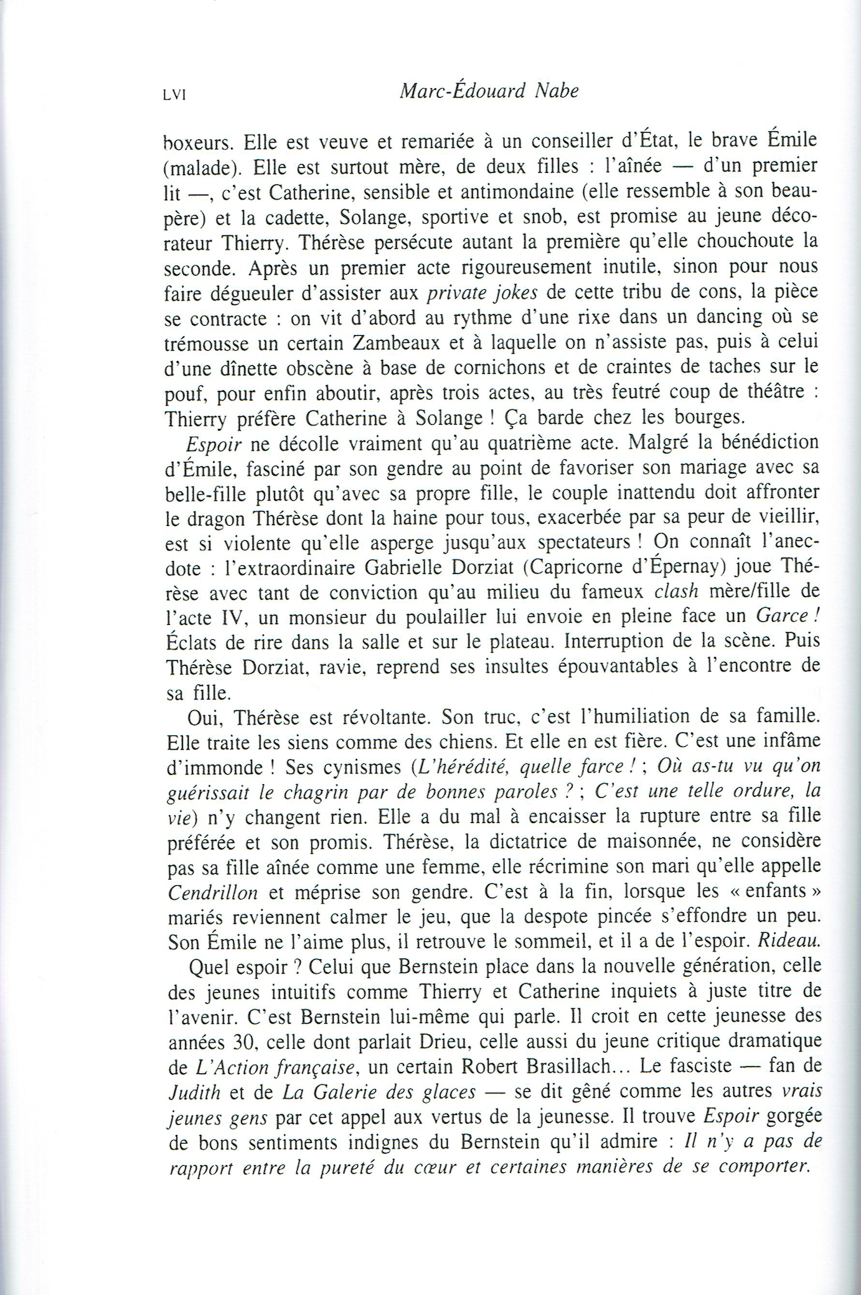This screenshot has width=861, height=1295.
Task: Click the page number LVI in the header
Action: [174, 95]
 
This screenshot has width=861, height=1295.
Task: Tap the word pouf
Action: [184, 392]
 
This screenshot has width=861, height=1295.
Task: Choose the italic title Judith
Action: [192, 1093]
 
